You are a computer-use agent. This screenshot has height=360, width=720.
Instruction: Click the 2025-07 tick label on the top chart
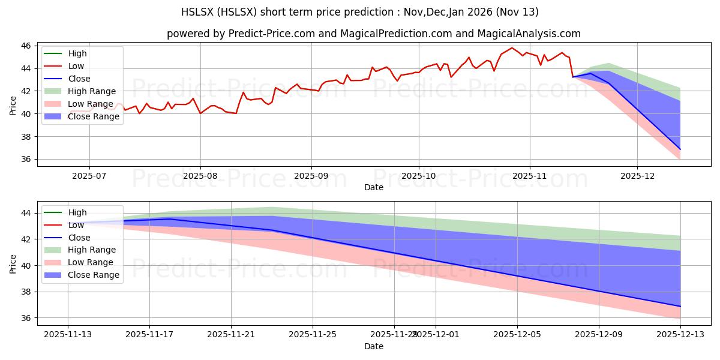click(89, 176)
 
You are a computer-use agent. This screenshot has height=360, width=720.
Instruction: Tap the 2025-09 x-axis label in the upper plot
click(311, 176)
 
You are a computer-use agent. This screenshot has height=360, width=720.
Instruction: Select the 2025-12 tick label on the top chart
click(637, 176)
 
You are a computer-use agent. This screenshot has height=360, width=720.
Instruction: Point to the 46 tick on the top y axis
click(26, 46)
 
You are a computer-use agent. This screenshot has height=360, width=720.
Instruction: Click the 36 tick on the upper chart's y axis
click(26, 160)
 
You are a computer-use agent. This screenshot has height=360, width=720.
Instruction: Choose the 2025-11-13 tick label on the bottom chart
click(67, 335)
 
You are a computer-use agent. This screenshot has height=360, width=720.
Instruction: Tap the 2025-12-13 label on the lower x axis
click(680, 335)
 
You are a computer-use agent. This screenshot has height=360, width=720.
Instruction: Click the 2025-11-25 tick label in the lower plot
click(313, 335)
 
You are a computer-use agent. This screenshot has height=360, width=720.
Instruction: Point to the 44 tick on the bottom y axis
click(26, 213)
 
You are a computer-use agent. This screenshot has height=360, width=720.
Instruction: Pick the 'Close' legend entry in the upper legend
click(79, 79)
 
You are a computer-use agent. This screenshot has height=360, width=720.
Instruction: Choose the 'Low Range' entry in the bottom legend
click(91, 262)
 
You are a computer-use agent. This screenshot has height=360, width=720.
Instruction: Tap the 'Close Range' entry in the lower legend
click(94, 275)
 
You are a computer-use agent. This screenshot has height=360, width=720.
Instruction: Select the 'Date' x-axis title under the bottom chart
click(374, 347)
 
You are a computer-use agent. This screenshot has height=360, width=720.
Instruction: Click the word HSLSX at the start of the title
click(198, 12)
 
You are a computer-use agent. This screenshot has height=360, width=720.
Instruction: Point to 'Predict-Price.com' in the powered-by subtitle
click(272, 34)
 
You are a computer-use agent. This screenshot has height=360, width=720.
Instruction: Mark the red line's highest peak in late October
click(512, 48)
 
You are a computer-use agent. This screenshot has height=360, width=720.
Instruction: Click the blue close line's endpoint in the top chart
click(680, 149)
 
